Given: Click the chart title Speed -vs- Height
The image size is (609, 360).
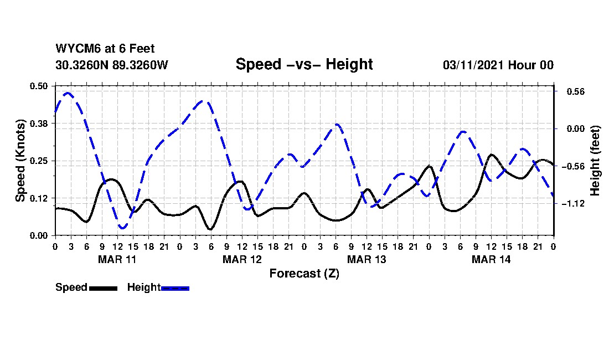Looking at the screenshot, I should click(x=304, y=64).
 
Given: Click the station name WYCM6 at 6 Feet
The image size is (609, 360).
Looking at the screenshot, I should click(x=105, y=49).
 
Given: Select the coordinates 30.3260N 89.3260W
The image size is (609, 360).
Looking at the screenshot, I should click(x=112, y=65).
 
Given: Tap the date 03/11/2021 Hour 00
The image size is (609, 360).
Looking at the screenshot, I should click(x=498, y=65).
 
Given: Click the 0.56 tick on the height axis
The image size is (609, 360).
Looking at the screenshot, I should click(x=571, y=91).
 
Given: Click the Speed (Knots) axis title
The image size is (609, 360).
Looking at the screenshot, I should click(x=20, y=161).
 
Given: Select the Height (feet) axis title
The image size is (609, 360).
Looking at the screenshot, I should click(x=595, y=161).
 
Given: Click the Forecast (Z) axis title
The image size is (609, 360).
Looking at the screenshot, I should click(x=304, y=273).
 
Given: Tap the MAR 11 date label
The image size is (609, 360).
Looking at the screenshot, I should click(x=117, y=259).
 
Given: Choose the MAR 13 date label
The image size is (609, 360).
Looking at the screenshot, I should click(x=367, y=259).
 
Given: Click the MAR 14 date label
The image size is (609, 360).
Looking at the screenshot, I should click(x=491, y=259).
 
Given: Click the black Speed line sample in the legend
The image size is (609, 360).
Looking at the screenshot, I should click(x=103, y=288).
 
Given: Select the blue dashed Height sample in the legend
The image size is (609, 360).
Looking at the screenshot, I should click(x=175, y=288).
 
